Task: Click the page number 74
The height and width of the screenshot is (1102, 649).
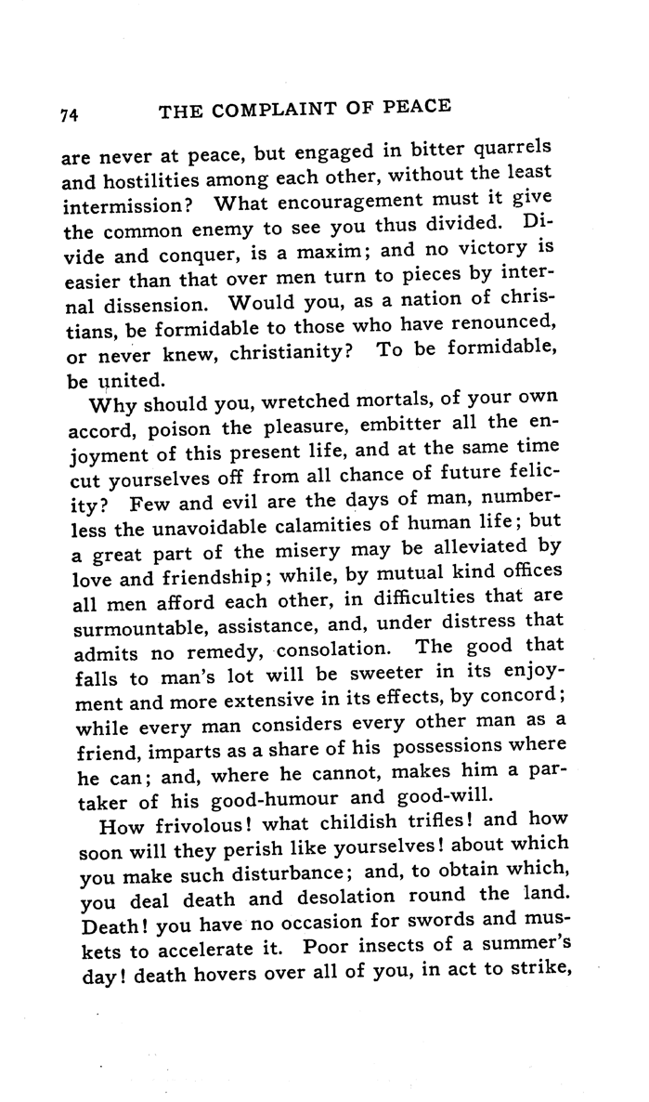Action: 67,114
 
